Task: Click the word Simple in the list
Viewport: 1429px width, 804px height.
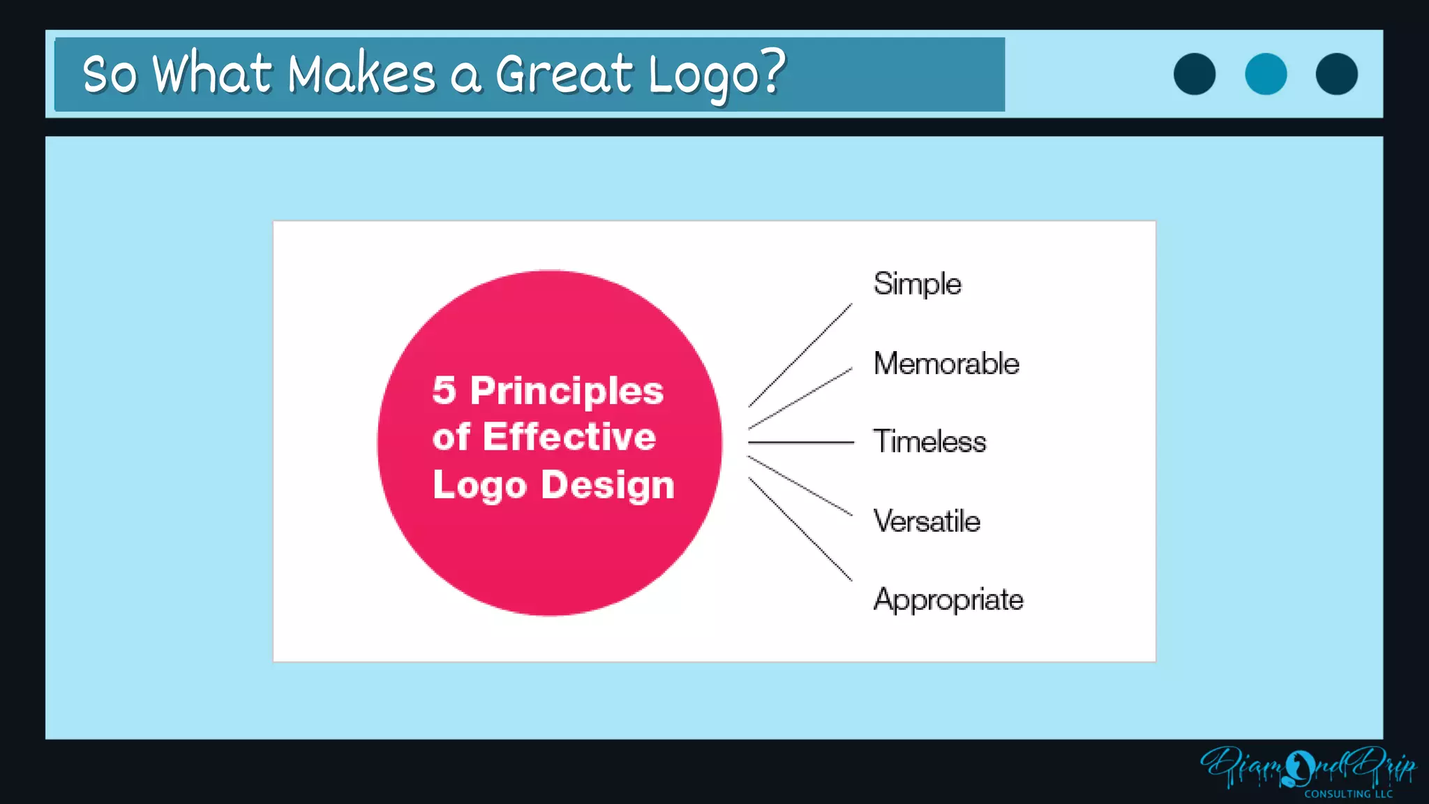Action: [x=917, y=284]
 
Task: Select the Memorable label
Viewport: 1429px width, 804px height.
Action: [x=946, y=364]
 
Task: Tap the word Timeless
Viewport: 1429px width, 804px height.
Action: [x=929, y=442]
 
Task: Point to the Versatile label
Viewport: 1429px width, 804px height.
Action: [x=927, y=521]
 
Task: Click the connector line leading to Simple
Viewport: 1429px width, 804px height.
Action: [x=800, y=355]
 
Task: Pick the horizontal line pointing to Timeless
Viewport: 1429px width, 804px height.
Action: [x=800, y=442]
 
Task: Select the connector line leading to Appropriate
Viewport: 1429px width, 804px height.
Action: [x=800, y=529]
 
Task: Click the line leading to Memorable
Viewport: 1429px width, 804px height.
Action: [x=800, y=399]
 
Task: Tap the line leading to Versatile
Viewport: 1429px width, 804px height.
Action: [x=800, y=486]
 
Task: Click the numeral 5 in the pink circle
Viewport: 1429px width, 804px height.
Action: [x=444, y=390]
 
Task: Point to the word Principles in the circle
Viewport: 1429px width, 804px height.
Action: [x=567, y=392]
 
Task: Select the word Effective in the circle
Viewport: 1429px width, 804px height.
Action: [x=569, y=438]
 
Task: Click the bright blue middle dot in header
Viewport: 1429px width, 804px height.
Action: [x=1266, y=74]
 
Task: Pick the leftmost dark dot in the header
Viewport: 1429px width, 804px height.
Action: [x=1195, y=74]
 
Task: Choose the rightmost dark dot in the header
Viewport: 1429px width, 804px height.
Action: [x=1337, y=74]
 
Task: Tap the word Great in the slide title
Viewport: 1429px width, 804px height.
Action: [x=564, y=74]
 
